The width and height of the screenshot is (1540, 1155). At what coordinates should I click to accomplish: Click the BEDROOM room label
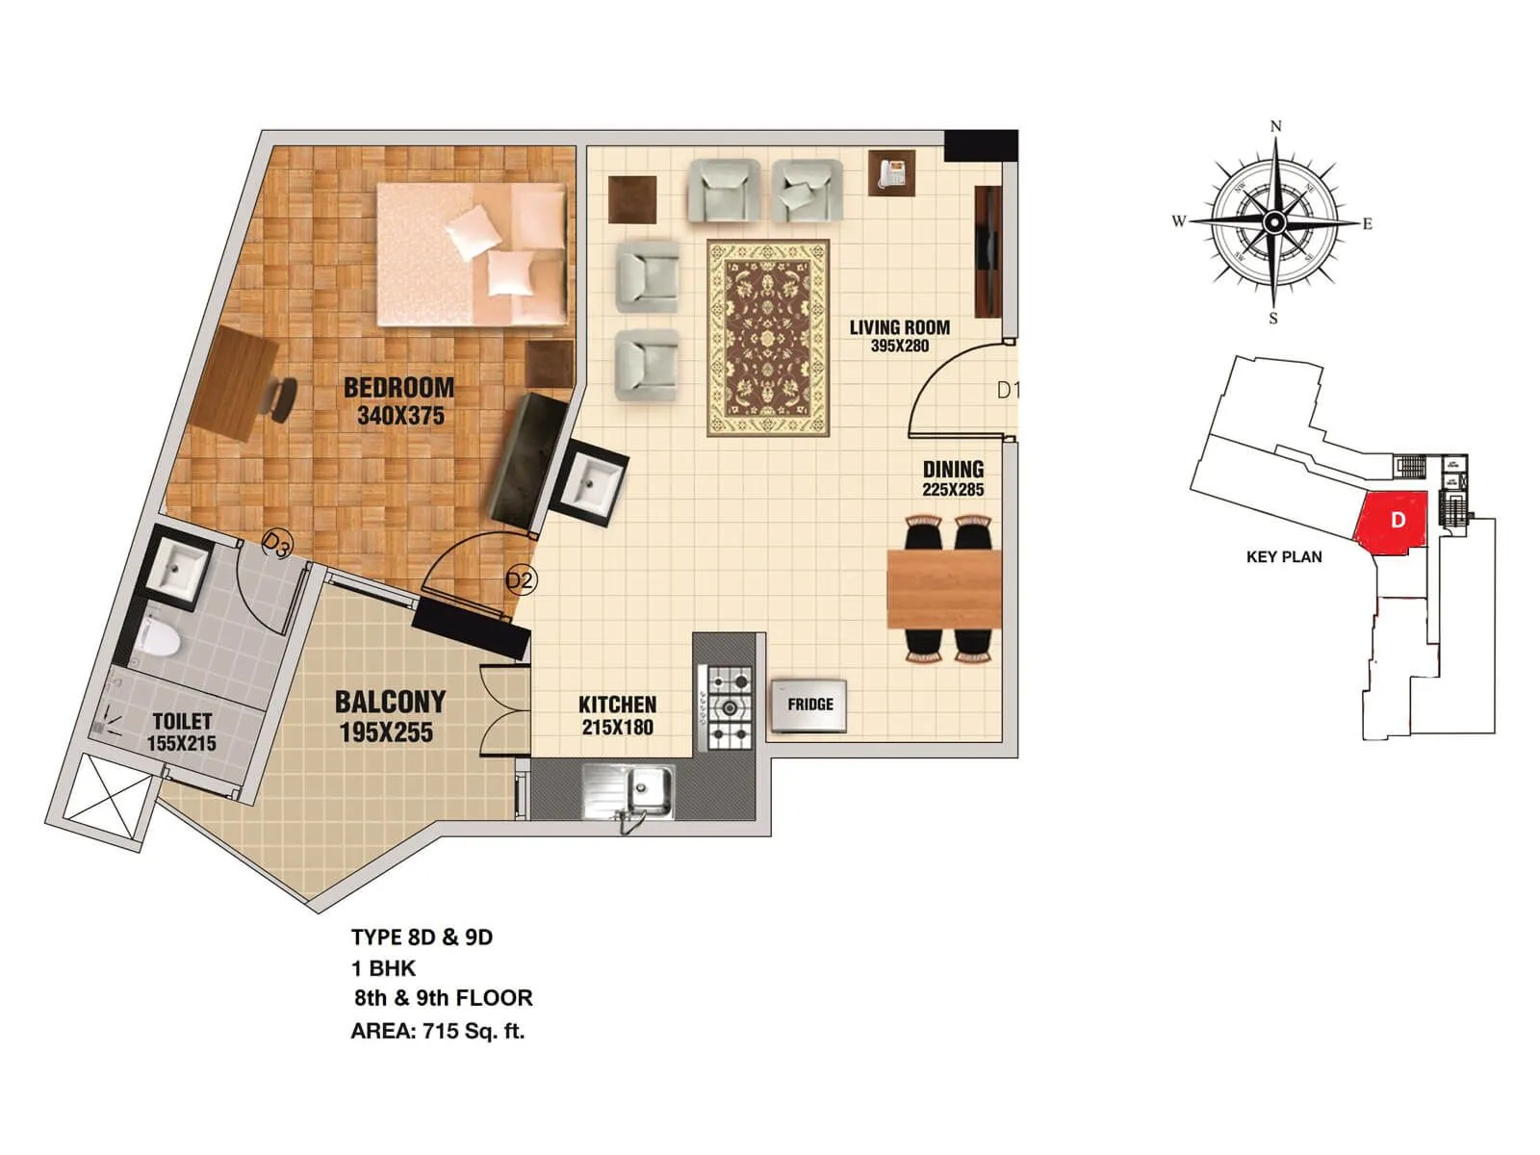tap(398, 388)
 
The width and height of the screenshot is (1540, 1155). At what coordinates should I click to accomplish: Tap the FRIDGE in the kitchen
tap(809, 705)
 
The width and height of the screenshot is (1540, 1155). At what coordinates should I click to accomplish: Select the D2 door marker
tap(520, 580)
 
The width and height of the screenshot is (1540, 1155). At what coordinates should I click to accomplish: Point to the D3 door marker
tap(276, 547)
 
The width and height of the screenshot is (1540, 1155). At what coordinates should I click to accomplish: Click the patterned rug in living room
tap(767, 338)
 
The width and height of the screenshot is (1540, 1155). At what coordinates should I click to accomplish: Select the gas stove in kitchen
tap(730, 708)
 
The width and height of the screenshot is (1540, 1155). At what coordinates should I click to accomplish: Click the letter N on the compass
tap(1276, 126)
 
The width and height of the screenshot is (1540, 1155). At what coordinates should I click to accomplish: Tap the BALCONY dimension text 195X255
tap(386, 732)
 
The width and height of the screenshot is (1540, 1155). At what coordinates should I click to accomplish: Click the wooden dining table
tap(943, 588)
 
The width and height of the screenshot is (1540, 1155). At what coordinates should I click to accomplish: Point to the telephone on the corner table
tap(892, 173)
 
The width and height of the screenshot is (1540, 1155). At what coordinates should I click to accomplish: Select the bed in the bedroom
tap(471, 254)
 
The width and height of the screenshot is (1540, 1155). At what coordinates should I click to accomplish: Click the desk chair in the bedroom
tap(279, 398)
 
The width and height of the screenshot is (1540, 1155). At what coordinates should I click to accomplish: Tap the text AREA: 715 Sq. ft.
tap(437, 1032)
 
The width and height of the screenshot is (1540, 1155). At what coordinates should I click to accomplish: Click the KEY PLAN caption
tap(1283, 557)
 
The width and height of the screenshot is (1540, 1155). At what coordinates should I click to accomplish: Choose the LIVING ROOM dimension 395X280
tap(899, 346)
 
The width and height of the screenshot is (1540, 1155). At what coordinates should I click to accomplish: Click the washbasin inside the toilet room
tap(177, 570)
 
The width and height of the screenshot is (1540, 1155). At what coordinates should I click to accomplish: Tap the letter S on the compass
tap(1272, 319)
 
